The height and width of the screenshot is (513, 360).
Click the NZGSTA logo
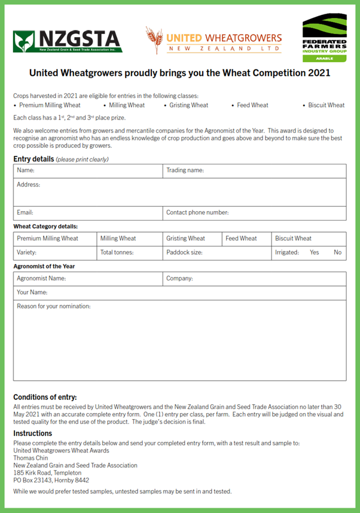point(67,40)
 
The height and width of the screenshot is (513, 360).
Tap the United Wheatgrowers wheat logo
point(213,40)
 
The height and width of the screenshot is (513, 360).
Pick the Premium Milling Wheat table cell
point(55,239)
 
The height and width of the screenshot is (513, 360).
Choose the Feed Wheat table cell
point(246,239)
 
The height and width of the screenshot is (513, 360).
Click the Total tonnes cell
point(129,252)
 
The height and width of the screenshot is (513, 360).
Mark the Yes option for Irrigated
point(315,252)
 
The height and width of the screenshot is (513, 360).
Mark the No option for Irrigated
point(338,252)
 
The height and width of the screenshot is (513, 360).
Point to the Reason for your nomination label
point(54,307)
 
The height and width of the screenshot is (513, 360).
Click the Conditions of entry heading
point(45,397)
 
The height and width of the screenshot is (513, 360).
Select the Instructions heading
point(33,433)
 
